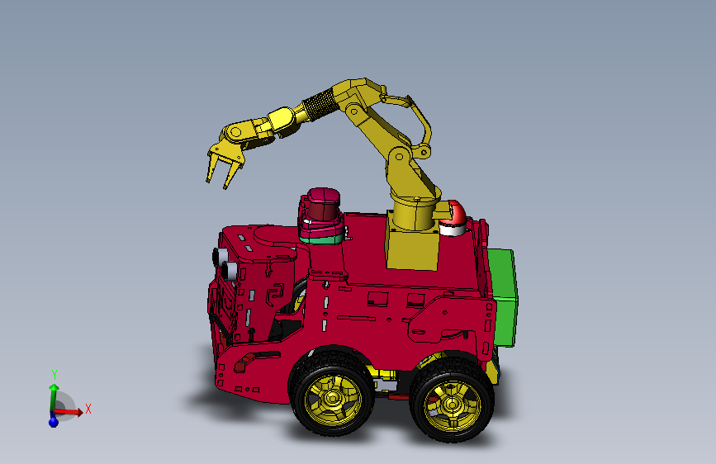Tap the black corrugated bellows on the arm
tap(316, 106)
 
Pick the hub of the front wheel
tap(333, 399)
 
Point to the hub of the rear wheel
tap(452, 404)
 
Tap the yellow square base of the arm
tap(413, 248)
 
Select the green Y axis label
tap(54, 374)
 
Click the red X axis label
tap(88, 409)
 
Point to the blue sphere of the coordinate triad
tap(54, 421)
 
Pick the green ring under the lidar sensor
tap(320, 238)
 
